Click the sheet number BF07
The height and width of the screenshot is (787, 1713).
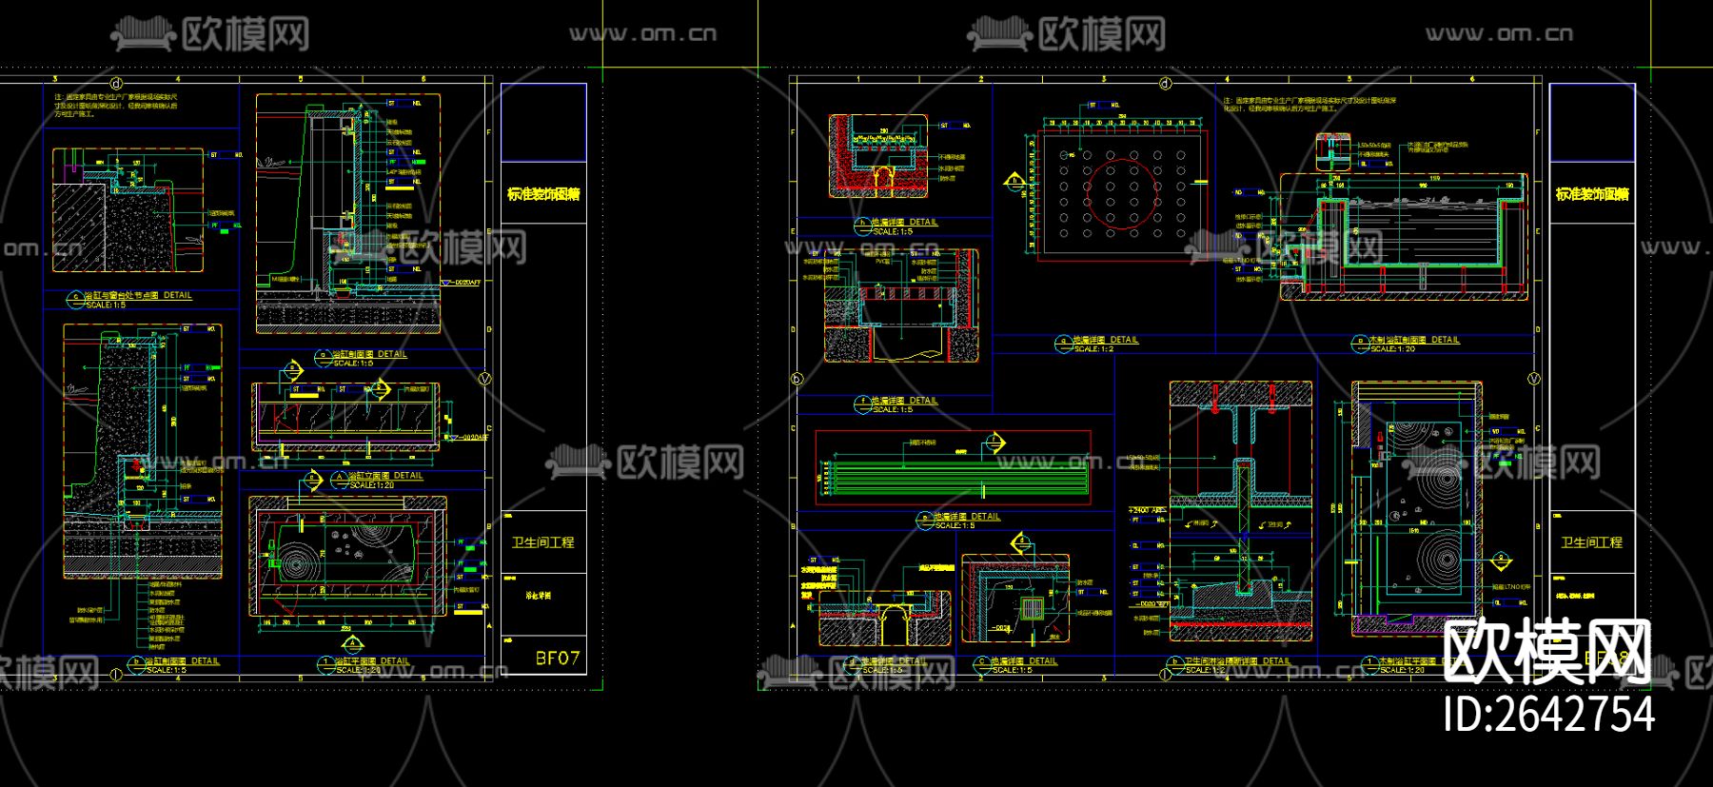pyautogui.click(x=557, y=658)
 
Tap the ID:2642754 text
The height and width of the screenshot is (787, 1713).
pyautogui.click(x=1548, y=714)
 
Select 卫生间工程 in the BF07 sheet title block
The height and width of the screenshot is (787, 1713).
pyautogui.click(x=543, y=542)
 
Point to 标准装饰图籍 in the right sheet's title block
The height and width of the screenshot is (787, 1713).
pyautogui.click(x=1591, y=194)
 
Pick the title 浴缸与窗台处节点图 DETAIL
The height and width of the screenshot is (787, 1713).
pyautogui.click(x=138, y=295)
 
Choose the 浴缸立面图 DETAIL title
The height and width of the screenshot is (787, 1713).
pyautogui.click(x=384, y=476)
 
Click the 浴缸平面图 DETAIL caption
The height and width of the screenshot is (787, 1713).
pyautogui.click(x=378, y=660)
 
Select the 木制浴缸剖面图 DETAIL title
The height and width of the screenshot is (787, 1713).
pyautogui.click(x=1413, y=340)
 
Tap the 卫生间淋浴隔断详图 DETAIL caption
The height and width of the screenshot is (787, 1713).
pyautogui.click(x=1237, y=660)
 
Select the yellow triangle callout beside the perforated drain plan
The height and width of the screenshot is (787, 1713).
pyautogui.click(x=1015, y=181)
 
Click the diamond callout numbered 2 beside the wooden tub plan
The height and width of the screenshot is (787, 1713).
pyautogui.click(x=1501, y=561)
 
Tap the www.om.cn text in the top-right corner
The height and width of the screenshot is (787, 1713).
pyautogui.click(x=1499, y=34)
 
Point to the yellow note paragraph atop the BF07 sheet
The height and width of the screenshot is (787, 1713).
pyautogui.click(x=115, y=105)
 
